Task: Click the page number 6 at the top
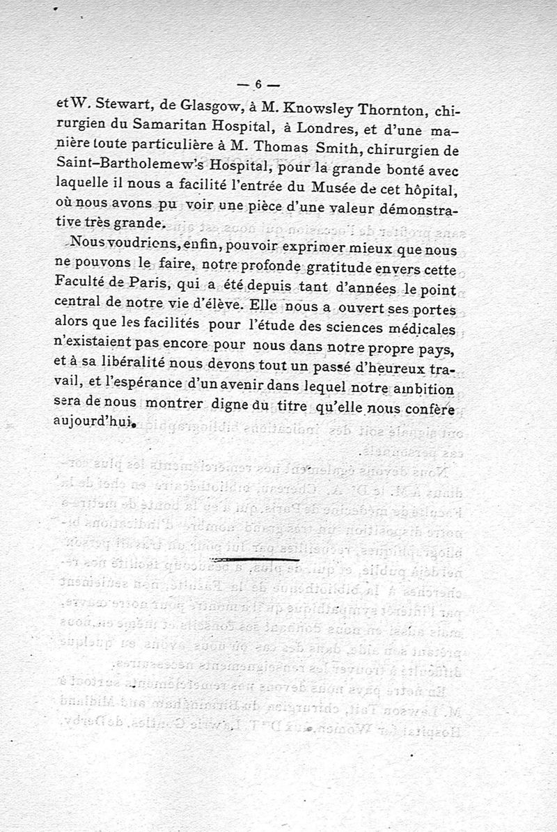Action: (257, 84)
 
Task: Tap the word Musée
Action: (346, 187)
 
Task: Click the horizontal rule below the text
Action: (253, 558)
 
